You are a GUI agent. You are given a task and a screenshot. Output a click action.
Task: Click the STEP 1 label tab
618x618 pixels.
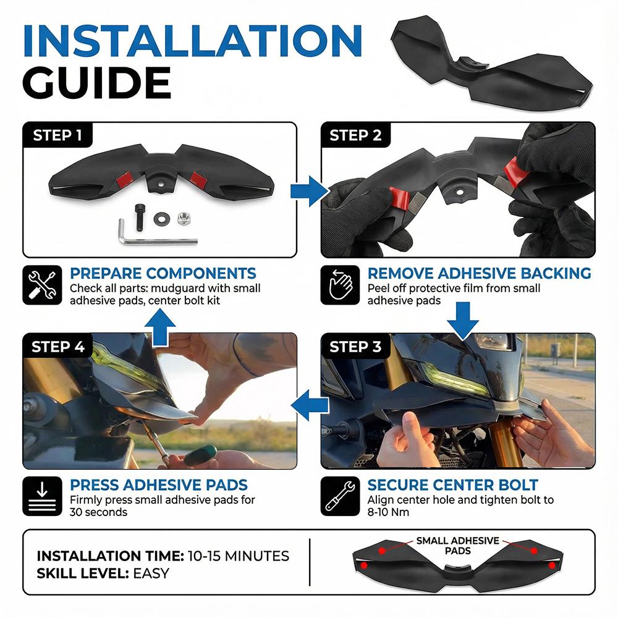point(57,135)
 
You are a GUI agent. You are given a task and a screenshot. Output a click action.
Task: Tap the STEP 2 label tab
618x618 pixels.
point(355,135)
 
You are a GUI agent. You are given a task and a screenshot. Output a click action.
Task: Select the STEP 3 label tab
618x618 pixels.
point(355,347)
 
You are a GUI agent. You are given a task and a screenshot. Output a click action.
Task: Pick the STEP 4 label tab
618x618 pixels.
point(57,347)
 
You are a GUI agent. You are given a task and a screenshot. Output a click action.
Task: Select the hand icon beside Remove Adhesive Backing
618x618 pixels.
point(339,286)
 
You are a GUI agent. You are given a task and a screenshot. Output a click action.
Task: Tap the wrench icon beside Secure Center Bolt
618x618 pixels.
point(339,496)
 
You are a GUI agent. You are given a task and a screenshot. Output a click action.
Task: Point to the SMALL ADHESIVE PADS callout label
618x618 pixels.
point(457,546)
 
